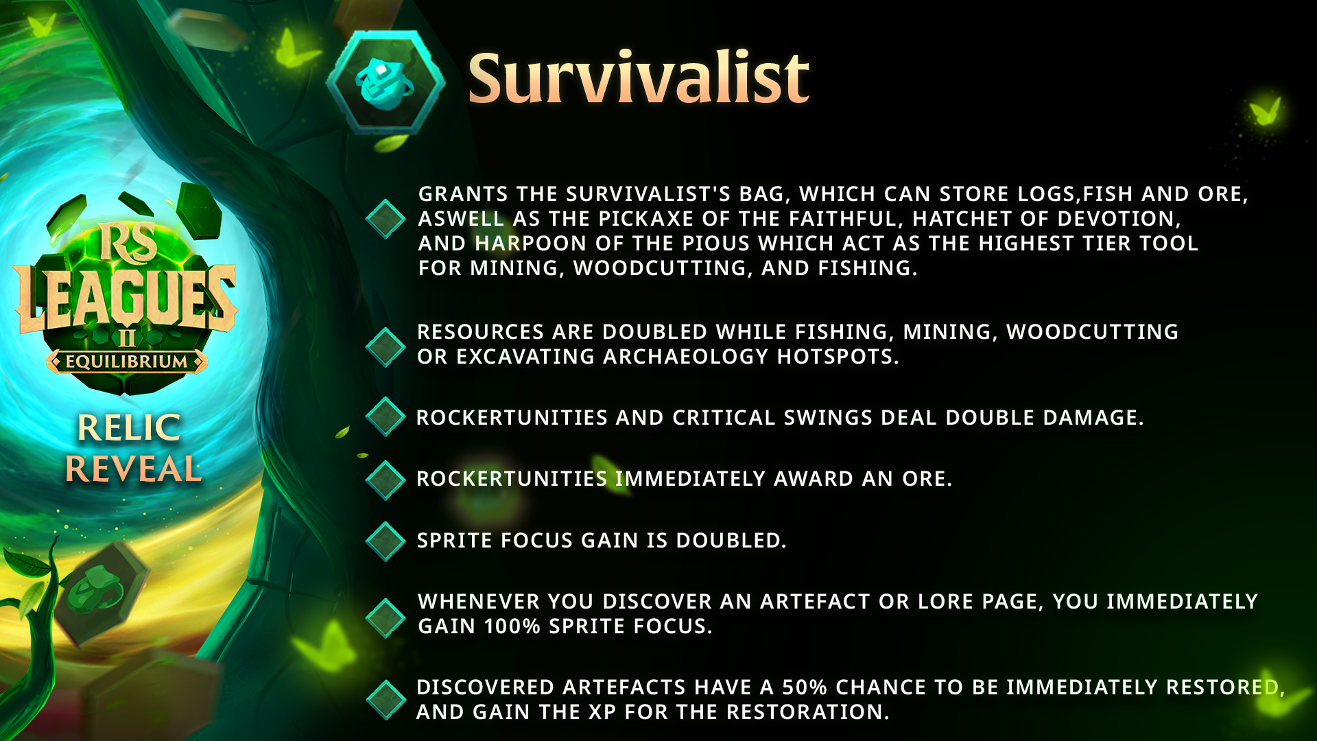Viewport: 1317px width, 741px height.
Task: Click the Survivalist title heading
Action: click(x=638, y=78)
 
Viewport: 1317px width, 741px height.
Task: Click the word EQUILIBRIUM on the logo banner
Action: click(x=127, y=362)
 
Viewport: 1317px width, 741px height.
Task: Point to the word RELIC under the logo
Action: click(x=129, y=427)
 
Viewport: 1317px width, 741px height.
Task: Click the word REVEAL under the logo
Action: click(x=133, y=469)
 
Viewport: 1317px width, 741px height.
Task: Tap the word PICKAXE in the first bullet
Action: click(x=646, y=219)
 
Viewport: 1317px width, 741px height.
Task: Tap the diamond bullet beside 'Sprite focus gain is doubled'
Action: click(x=385, y=541)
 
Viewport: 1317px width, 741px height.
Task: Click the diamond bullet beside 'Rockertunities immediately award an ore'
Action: click(x=385, y=480)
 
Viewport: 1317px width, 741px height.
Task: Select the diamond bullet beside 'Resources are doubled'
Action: click(x=385, y=347)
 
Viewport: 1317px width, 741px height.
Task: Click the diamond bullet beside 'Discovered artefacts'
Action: click(x=385, y=700)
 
